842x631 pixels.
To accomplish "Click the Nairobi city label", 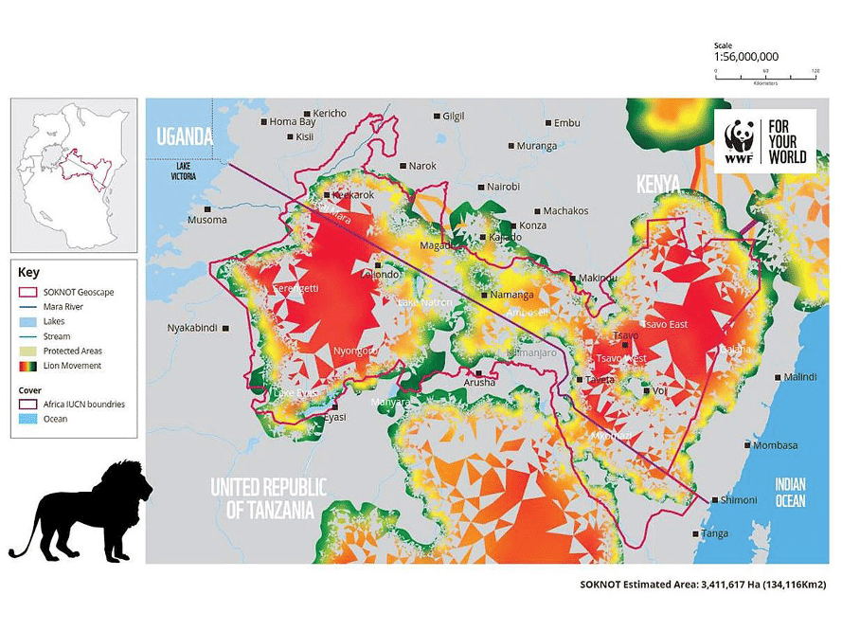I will pos(503,187).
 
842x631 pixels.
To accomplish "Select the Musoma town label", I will pos(207,220).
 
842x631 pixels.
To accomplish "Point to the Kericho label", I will pos(331,114).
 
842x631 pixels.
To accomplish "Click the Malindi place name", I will pos(799,377).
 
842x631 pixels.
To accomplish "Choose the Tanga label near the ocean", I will pos(715,533).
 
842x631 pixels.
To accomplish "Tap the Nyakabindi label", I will pos(192,328).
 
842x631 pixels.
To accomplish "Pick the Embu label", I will pos(566,123).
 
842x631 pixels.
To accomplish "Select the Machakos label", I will pos(566,210).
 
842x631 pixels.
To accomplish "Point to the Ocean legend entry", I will pos(55,419).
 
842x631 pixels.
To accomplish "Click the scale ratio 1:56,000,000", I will pos(746,57).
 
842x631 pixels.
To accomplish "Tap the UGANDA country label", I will pos(185,136).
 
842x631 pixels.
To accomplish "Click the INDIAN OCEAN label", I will pos(790,492).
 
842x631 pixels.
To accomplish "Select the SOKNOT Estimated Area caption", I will pos(705,585).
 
